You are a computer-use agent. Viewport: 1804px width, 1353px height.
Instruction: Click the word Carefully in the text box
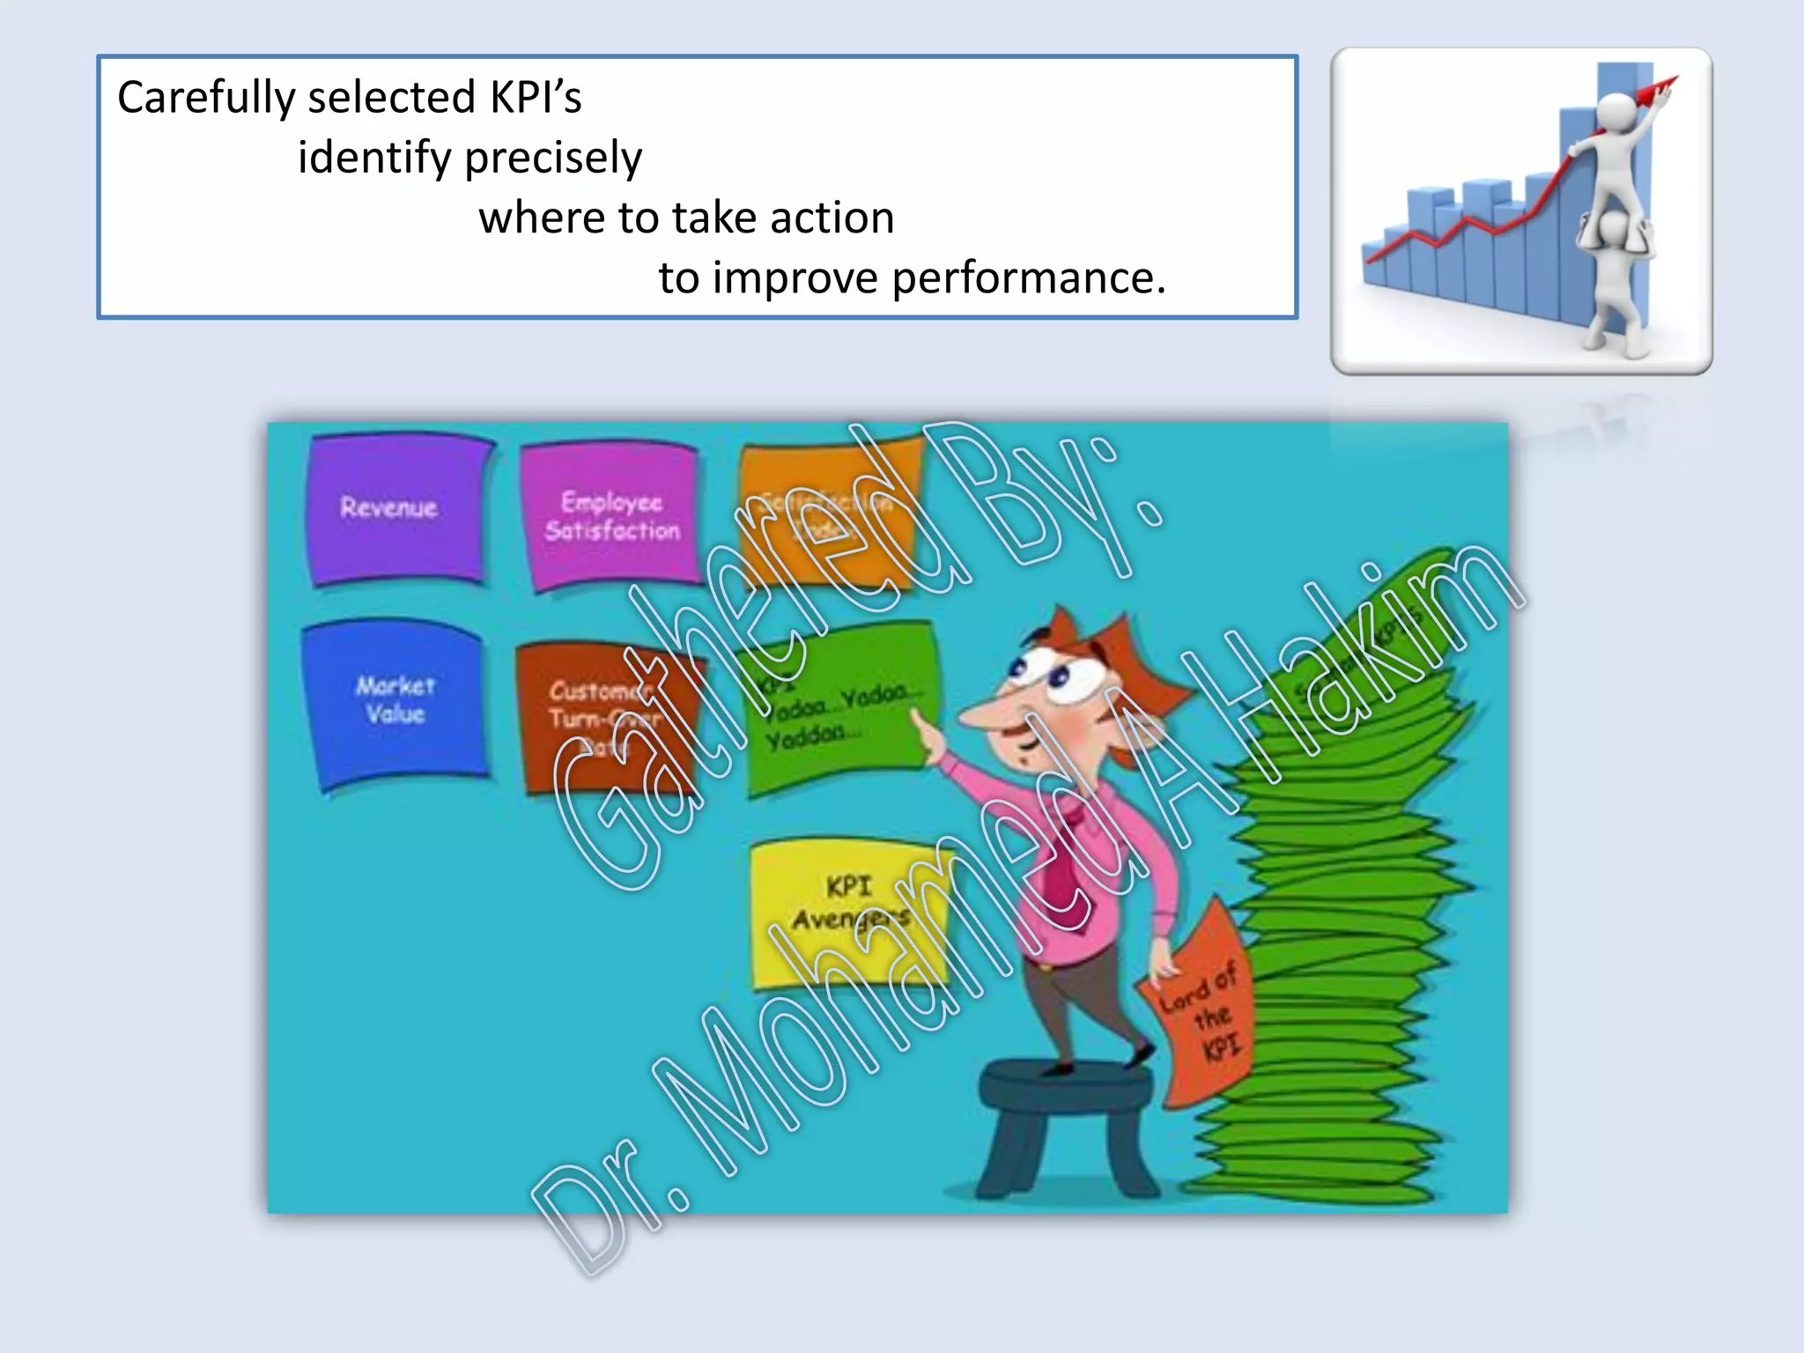[x=206, y=98]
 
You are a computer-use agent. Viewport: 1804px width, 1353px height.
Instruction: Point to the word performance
[x=1028, y=278]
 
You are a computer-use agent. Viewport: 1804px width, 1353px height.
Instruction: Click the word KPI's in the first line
[x=536, y=98]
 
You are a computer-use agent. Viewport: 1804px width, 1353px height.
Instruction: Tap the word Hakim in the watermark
[x=1374, y=652]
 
